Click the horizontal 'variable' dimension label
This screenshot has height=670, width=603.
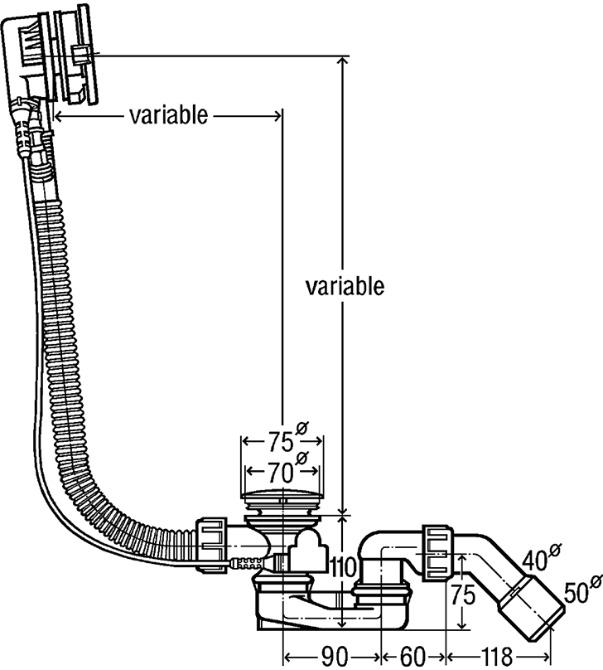pos(168,115)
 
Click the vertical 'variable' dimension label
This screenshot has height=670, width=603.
pos(345,287)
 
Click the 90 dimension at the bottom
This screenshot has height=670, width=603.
pos(333,657)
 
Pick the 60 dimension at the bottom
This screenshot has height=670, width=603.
pos(413,657)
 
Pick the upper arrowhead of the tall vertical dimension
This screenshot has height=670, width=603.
pos(342,62)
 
